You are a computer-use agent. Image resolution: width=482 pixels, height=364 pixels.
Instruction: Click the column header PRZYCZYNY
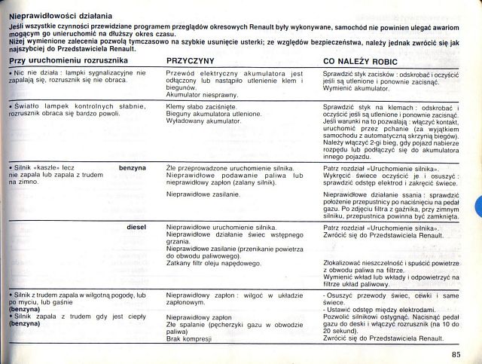191,60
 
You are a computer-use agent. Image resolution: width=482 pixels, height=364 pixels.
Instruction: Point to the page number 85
456,354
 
